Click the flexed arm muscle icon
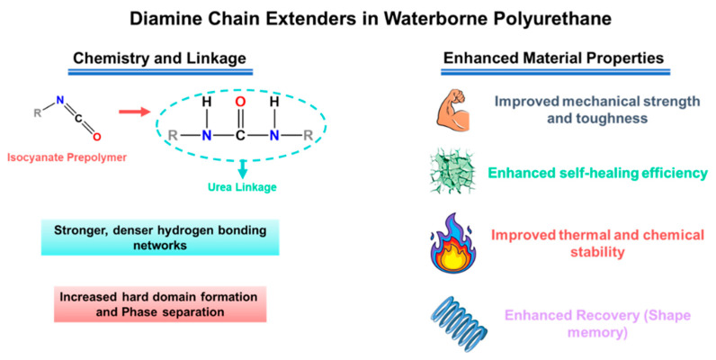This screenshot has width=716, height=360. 452,110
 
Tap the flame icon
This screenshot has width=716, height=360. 453,243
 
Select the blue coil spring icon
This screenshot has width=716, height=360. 459,322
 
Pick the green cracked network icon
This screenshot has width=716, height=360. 452,173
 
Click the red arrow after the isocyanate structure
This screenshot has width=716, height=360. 135,111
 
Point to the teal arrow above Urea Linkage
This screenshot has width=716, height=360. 243,169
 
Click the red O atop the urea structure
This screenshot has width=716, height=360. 240,102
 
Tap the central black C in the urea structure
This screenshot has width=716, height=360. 240,136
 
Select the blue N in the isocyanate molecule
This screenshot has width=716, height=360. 60,100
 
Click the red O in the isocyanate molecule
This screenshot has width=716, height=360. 96,136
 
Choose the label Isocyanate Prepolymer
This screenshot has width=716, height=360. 67,157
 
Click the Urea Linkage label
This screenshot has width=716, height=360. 242,187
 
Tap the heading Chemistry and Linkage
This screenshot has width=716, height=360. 159,58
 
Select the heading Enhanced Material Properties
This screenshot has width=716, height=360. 553,58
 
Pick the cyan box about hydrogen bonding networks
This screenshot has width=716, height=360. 160,237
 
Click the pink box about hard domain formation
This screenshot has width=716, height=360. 160,304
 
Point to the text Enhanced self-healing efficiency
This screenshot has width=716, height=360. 598,173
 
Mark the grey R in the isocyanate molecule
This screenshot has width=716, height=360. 38,112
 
